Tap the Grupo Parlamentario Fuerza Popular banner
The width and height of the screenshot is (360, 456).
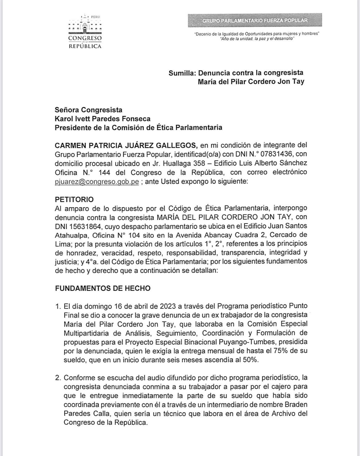click(x=255, y=21)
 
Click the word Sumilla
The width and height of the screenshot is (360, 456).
click(x=182, y=73)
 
